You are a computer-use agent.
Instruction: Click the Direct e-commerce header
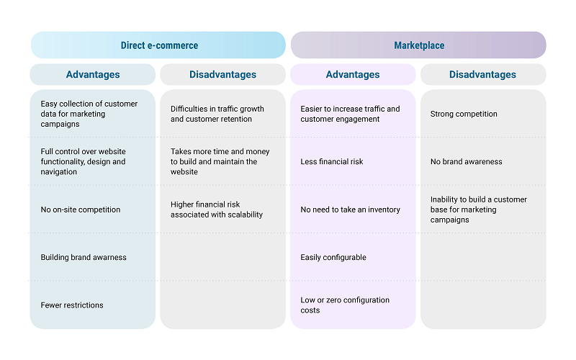[158, 45]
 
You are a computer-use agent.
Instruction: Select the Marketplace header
[418, 45]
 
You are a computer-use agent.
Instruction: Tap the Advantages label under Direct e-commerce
[93, 74]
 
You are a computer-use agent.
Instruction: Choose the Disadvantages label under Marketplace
[482, 74]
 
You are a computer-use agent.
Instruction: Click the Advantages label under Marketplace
[353, 74]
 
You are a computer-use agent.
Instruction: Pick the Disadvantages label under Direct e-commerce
[222, 74]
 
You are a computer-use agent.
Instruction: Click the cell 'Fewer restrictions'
[72, 305]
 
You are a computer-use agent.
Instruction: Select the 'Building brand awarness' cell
[84, 257]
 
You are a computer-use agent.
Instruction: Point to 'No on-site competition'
[81, 210]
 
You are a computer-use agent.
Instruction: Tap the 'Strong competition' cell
[464, 114]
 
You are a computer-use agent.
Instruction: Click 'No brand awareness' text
[466, 161]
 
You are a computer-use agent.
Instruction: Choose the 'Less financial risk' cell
[332, 161]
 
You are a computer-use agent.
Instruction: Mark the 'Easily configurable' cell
[333, 257]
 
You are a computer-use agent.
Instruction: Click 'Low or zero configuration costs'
[345, 305]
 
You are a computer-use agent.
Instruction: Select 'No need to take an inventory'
[350, 210]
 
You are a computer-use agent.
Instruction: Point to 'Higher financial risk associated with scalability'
[217, 210]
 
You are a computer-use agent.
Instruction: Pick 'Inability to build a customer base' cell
[479, 210]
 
